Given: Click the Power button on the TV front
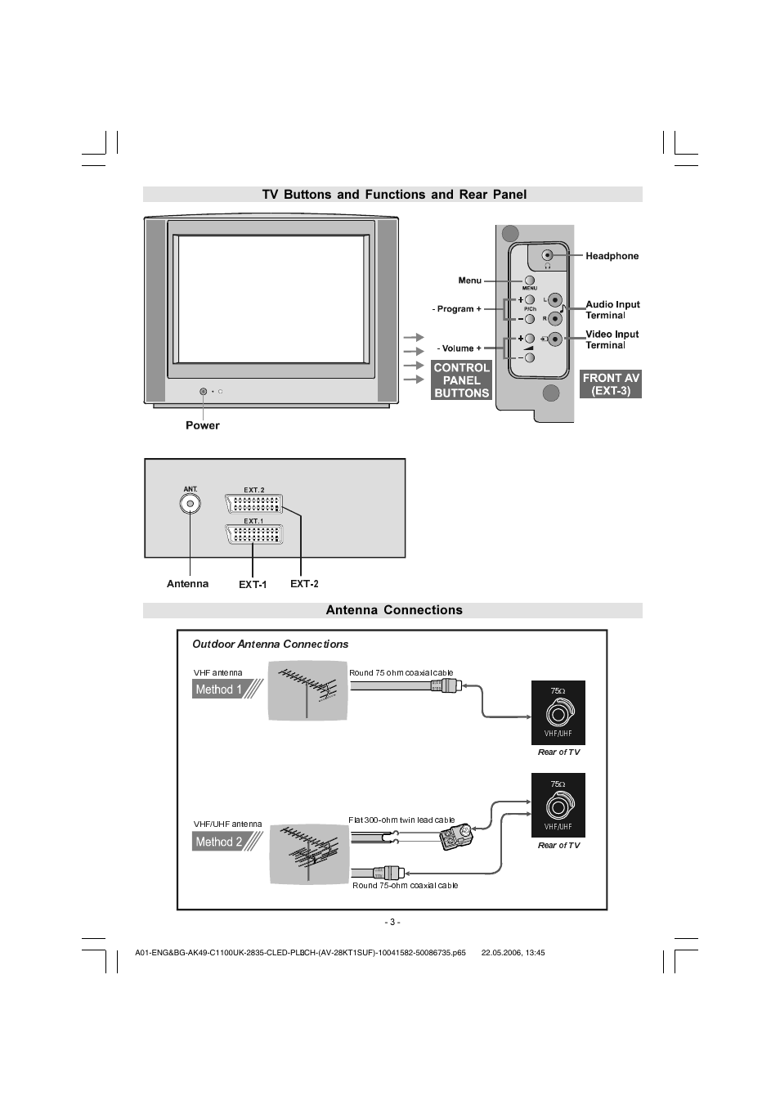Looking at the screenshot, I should [203, 392].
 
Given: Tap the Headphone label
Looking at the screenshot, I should [612, 256].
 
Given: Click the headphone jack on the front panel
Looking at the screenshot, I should [548, 255].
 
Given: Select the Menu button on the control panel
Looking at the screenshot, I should [529, 281].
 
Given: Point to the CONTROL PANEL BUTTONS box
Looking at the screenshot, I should [461, 380].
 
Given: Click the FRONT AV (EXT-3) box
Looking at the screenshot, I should [611, 384].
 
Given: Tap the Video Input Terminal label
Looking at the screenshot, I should [612, 339].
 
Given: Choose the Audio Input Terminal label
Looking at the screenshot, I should [612, 309].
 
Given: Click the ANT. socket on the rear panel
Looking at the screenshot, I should [191, 504].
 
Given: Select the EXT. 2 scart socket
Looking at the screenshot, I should [254, 504].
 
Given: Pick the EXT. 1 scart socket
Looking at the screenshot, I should [254, 535].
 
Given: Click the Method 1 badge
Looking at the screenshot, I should [219, 690].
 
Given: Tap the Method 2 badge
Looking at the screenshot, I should [219, 842].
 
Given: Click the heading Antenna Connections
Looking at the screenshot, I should [393, 610].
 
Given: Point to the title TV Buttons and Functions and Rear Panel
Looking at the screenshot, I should [393, 195].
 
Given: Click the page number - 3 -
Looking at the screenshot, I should [392, 922].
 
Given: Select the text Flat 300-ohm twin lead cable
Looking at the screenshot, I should [401, 820].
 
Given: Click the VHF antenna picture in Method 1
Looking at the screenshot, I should [307, 692].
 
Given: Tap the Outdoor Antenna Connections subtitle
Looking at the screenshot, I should [270, 645].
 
